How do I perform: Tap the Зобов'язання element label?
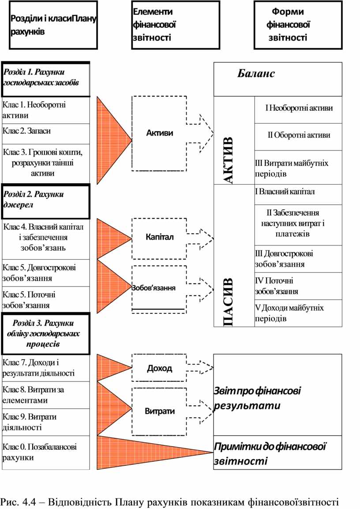click(x=154, y=288)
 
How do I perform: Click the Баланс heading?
click(x=256, y=74)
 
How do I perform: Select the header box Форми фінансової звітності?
click(x=298, y=25)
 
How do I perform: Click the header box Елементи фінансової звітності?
click(x=176, y=25)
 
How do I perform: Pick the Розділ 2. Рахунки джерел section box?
click(x=46, y=201)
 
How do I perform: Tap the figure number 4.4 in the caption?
click(x=32, y=502)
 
